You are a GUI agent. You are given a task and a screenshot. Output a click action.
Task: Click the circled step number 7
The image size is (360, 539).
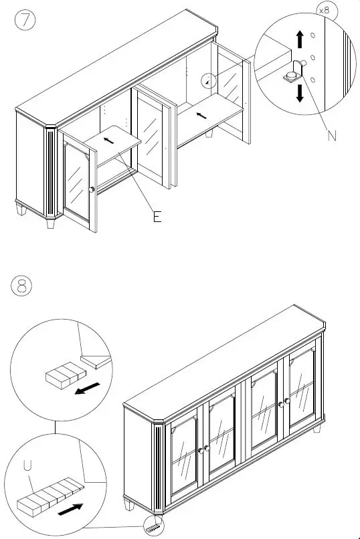click(x=25, y=19)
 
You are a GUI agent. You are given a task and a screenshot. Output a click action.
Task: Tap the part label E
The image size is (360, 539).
click(x=157, y=217)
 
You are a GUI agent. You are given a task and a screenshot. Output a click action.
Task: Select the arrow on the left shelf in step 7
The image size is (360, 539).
click(x=108, y=140)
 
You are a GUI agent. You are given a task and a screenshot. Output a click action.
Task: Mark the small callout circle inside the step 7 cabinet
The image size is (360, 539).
click(x=210, y=80)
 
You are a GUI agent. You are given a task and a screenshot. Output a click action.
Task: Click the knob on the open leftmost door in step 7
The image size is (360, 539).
click(x=91, y=191)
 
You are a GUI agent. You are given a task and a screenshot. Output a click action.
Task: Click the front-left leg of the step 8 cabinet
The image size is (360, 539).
click(x=128, y=504)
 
